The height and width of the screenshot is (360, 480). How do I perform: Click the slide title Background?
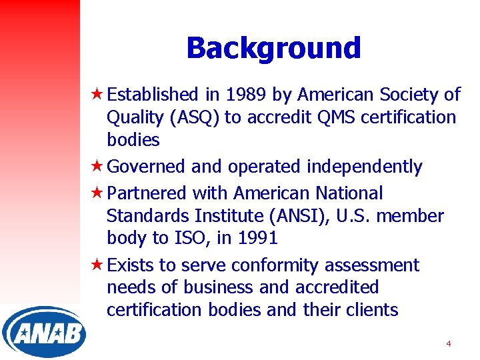(273, 48)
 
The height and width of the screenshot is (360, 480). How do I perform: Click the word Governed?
(147, 167)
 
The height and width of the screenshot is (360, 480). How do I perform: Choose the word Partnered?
(147, 193)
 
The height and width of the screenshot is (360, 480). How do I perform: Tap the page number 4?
(449, 344)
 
